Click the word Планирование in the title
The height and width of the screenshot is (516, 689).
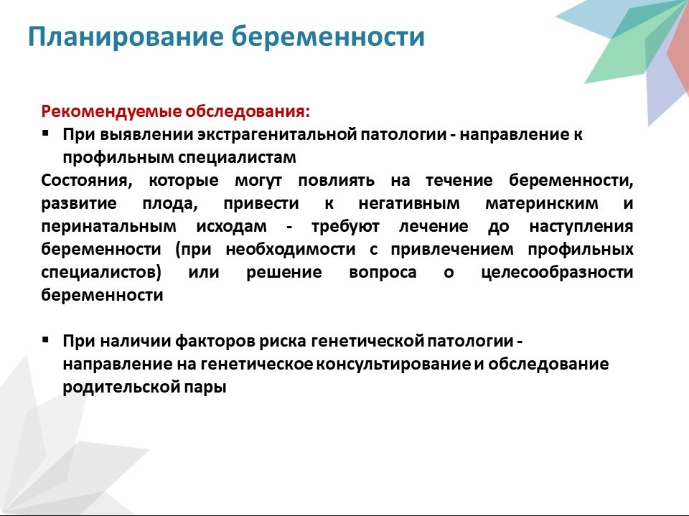[126, 37]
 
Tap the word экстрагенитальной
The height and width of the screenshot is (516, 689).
[277, 134]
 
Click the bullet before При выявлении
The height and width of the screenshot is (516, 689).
[46, 132]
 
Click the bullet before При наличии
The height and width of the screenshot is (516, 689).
[46, 339]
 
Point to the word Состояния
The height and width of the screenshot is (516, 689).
[87, 181]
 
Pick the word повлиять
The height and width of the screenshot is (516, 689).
[336, 181]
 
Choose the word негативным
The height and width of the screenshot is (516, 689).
[409, 204]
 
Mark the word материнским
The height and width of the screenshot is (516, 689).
[541, 204]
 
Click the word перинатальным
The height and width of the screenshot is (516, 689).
[108, 227]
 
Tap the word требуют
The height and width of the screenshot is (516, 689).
[345, 227]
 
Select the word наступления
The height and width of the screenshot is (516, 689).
[581, 227]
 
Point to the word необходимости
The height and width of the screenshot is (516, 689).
[291, 249]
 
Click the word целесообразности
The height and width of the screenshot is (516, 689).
[557, 273]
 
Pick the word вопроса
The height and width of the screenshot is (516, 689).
[383, 273]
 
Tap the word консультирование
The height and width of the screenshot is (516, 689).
[393, 365]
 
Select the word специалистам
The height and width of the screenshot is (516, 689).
[237, 158]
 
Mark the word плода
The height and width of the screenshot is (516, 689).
[170, 204]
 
